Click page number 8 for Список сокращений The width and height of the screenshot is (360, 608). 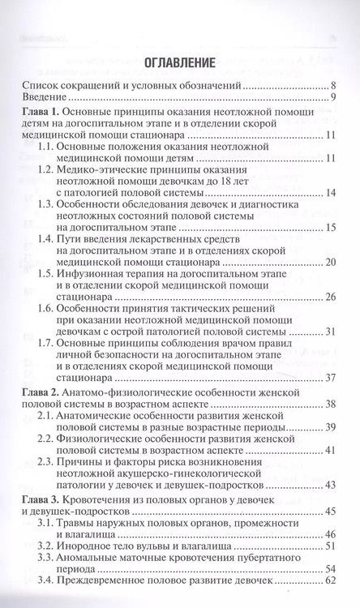(x=334, y=84)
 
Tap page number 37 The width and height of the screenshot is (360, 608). (x=331, y=379)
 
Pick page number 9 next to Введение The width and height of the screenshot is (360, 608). (x=334, y=99)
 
